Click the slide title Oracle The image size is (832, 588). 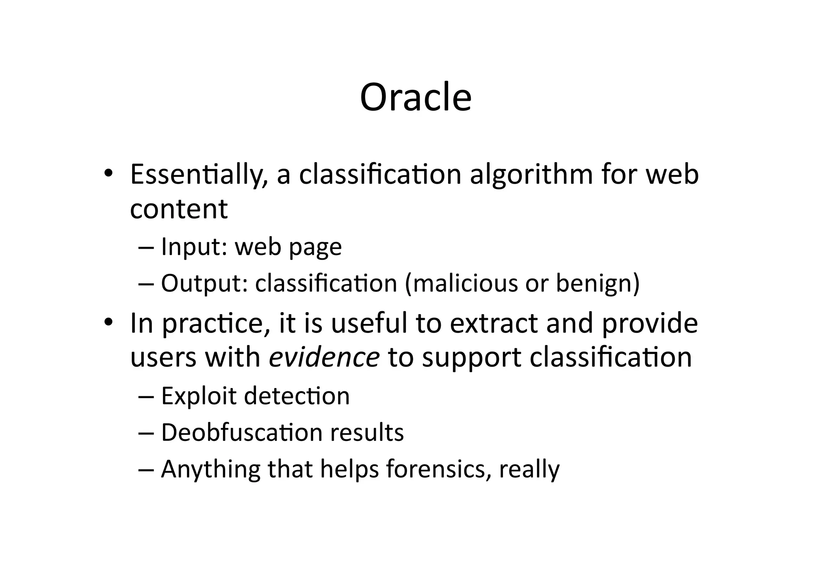point(416,98)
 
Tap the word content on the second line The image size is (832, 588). point(179,209)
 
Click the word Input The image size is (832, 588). point(193,247)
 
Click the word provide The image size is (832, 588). point(649,324)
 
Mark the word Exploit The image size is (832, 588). point(198,396)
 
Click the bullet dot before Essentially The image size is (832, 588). point(108,174)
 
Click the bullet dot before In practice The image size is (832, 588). point(108,323)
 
